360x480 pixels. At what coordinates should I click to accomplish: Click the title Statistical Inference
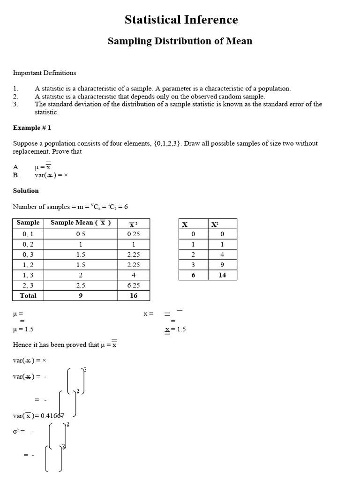[x=181, y=20]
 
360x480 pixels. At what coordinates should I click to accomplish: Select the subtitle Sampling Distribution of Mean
[x=180, y=41]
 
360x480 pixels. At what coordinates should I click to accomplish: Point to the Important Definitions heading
[x=45, y=73]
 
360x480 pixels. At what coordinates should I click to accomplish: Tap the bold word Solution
[x=26, y=191]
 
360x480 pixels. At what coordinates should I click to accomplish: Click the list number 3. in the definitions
[x=15, y=104]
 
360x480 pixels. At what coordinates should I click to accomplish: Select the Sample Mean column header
[x=81, y=223]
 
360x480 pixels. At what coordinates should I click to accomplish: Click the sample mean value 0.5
[x=81, y=234]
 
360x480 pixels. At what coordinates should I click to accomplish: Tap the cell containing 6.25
[x=133, y=285]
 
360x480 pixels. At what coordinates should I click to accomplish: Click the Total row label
[x=28, y=295]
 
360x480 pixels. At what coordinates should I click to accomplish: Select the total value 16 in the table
[x=133, y=295]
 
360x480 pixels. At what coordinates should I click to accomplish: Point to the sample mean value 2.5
[x=81, y=285]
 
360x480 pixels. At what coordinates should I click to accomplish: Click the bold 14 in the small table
[x=222, y=275]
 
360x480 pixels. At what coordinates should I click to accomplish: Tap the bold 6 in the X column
[x=193, y=275]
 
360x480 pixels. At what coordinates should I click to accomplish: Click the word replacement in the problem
[x=30, y=151]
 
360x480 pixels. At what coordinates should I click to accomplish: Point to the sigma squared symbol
[x=15, y=432]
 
